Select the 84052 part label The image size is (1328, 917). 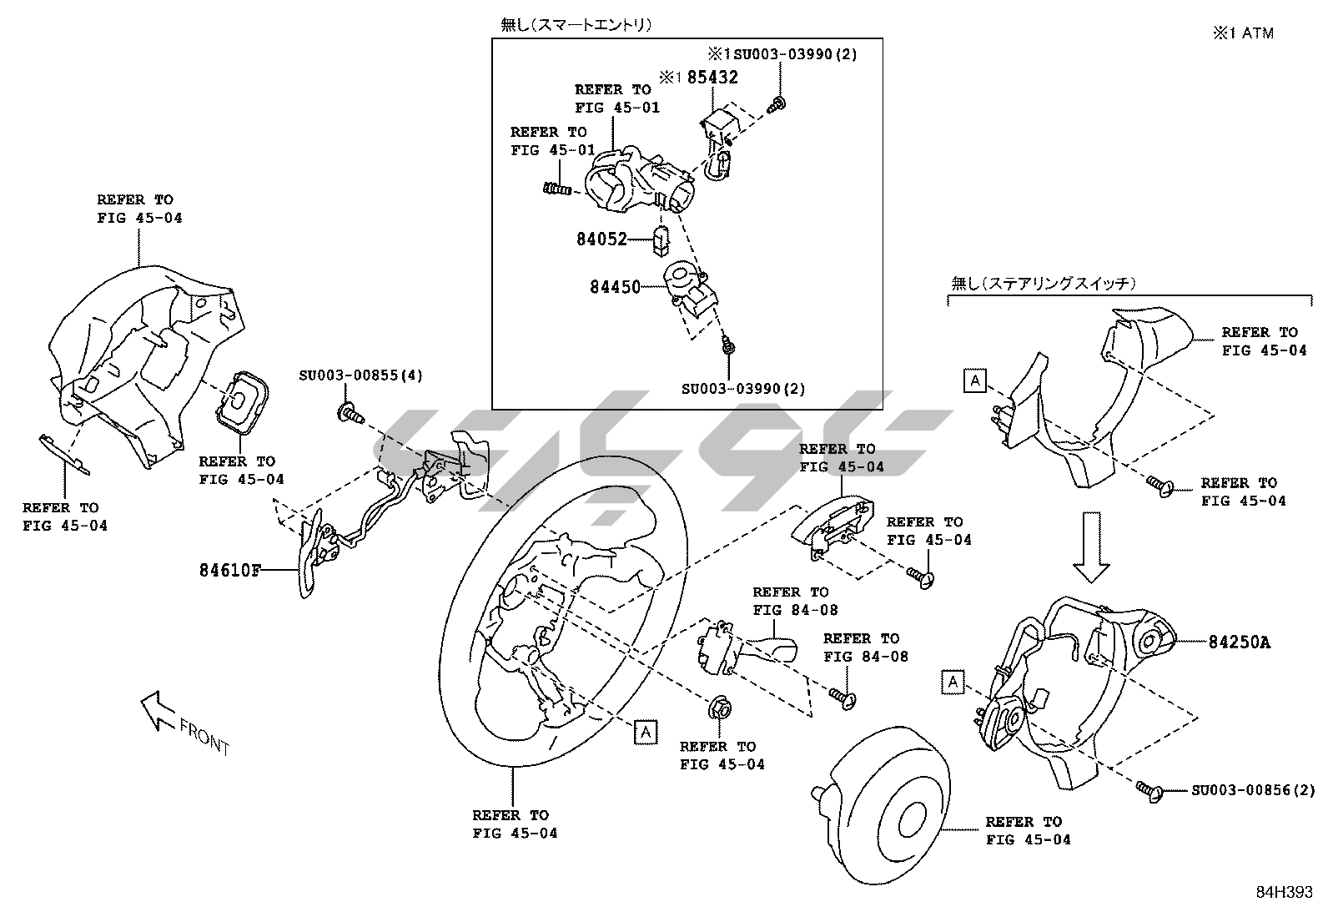[x=601, y=239]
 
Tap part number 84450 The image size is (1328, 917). [x=615, y=287]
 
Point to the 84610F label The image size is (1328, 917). [x=229, y=571]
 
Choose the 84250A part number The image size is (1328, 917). [x=1240, y=642]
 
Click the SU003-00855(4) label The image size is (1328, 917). [x=360, y=375]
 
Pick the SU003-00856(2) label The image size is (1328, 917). [x=1252, y=790]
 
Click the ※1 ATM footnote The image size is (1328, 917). [x=1243, y=33]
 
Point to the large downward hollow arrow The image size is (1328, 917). [x=1091, y=547]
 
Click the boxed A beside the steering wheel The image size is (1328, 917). [x=645, y=732]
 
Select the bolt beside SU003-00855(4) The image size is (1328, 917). [x=350, y=411]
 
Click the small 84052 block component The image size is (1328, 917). [x=662, y=239]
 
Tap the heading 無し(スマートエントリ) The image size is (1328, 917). [x=576, y=25]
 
